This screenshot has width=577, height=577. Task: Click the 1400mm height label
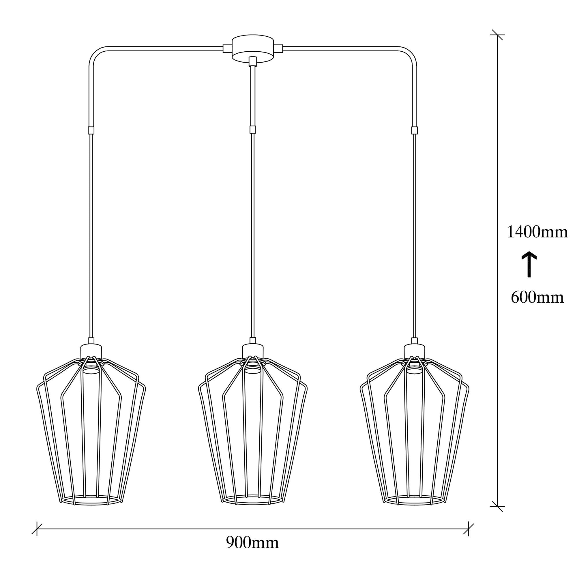click(537, 232)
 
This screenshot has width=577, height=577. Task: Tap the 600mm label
click(537, 297)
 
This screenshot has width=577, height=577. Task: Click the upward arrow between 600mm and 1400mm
click(529, 264)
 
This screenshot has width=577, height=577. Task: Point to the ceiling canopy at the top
click(253, 49)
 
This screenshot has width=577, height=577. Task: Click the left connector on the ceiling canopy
click(227, 48)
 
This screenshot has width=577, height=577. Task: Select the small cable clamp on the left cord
click(91, 130)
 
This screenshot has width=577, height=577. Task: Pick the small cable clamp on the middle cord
click(253, 130)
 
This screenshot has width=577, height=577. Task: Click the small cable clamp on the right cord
click(414, 130)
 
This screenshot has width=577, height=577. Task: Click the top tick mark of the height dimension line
click(497, 35)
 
